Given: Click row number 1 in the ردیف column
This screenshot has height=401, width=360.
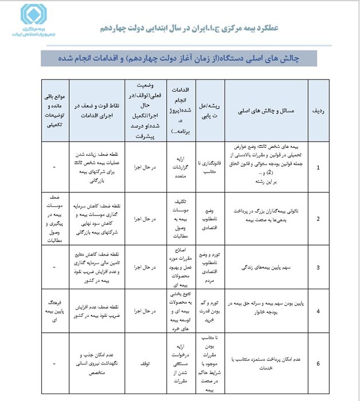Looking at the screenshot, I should point(318,168).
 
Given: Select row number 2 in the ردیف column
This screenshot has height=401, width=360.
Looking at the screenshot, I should point(318,219).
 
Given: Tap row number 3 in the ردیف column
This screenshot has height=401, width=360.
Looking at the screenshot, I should point(318,268).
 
